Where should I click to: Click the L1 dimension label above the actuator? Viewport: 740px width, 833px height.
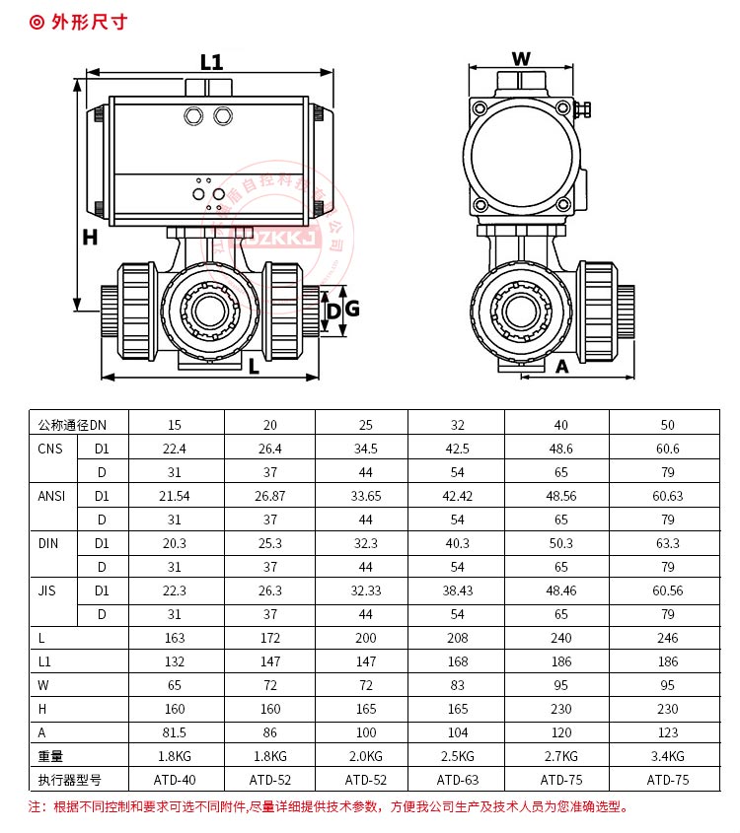click(210, 62)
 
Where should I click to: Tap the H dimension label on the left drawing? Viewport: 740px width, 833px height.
click(90, 238)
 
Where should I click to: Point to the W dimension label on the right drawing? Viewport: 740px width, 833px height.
click(521, 58)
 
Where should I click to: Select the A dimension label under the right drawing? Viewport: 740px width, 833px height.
click(562, 367)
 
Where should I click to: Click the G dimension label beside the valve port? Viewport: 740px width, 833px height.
click(352, 310)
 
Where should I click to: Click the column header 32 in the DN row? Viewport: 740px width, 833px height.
click(458, 425)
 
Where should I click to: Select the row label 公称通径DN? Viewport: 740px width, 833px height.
click(70, 425)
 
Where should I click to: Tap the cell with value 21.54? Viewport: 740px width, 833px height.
click(175, 496)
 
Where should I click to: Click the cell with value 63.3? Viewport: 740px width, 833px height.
click(668, 543)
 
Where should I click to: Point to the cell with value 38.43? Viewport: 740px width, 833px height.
click(458, 590)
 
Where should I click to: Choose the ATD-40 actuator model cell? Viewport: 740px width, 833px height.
click(175, 780)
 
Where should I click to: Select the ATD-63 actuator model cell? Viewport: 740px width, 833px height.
click(458, 780)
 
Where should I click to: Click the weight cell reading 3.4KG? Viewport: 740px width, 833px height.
click(668, 756)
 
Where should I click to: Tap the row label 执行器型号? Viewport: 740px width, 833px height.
click(70, 780)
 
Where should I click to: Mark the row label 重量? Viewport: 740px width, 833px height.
click(50, 756)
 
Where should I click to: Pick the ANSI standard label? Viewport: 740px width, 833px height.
click(51, 496)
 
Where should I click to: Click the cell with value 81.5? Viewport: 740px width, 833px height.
click(175, 732)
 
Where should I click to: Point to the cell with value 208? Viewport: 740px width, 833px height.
click(458, 638)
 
